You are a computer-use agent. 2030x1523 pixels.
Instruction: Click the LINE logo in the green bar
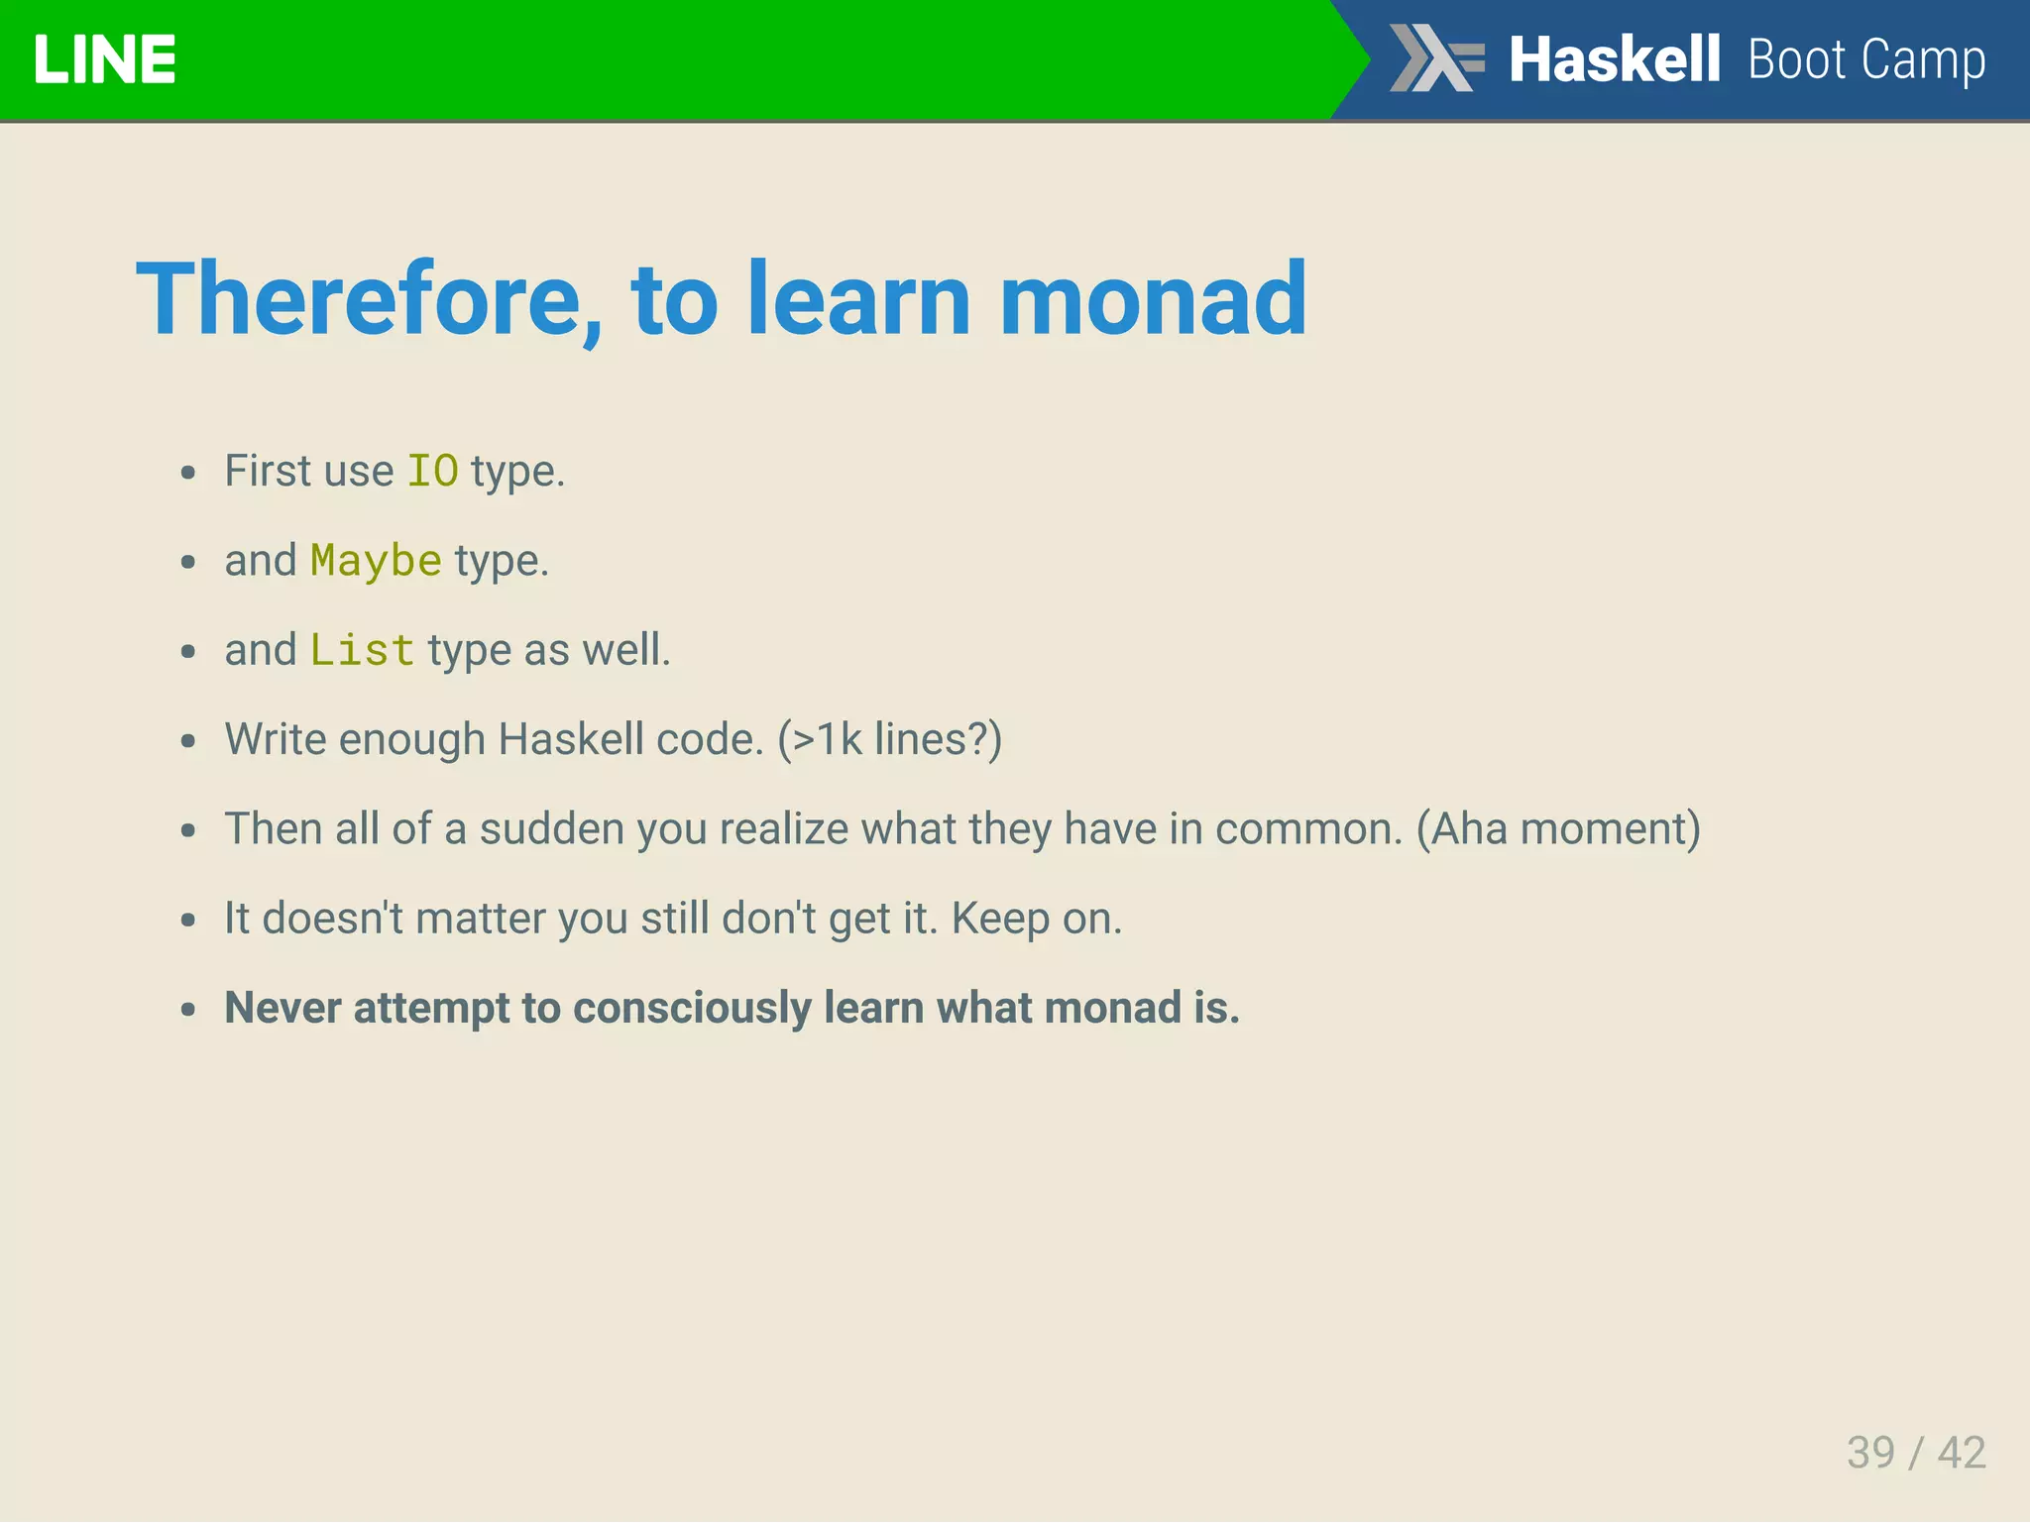[104, 59]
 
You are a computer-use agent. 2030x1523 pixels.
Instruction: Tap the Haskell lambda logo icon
[1435, 58]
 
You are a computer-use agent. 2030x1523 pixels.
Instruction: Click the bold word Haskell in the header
[1614, 59]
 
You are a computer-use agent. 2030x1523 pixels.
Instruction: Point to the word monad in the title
[1153, 299]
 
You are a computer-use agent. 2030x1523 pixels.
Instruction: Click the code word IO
[433, 471]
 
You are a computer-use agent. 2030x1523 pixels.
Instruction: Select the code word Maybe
[376, 561]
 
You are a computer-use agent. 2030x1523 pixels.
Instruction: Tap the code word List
[362, 651]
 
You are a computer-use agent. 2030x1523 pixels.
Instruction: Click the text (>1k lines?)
[889, 740]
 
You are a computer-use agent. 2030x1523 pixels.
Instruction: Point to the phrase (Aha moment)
[1557, 829]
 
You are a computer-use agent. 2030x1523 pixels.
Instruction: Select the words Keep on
[1036, 919]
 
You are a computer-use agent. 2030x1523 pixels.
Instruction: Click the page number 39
[1870, 1453]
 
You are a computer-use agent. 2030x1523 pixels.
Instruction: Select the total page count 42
[1962, 1453]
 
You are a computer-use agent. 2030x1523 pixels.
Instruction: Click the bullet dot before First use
[188, 473]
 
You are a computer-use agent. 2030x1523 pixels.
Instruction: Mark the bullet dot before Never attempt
[188, 1010]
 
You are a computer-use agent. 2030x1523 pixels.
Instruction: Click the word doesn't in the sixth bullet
[332, 919]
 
